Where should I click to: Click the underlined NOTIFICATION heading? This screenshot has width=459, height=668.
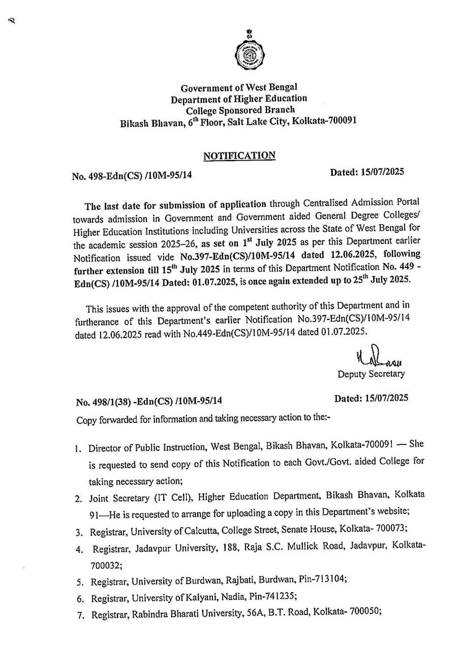[x=239, y=156]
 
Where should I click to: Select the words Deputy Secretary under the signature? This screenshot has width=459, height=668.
[x=371, y=374]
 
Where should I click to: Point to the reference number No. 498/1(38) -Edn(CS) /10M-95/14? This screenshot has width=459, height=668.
[x=149, y=402]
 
